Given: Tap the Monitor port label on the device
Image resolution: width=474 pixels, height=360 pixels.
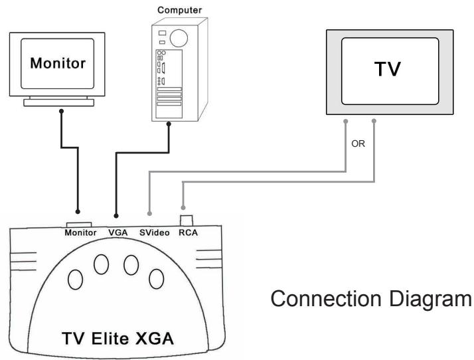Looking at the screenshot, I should coord(81,232).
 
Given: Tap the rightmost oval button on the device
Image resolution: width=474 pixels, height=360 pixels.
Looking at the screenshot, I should coord(156,280).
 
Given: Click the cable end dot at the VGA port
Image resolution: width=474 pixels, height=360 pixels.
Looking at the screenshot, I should coord(118,216).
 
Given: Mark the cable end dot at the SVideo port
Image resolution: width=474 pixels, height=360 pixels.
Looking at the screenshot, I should coord(150,214).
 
